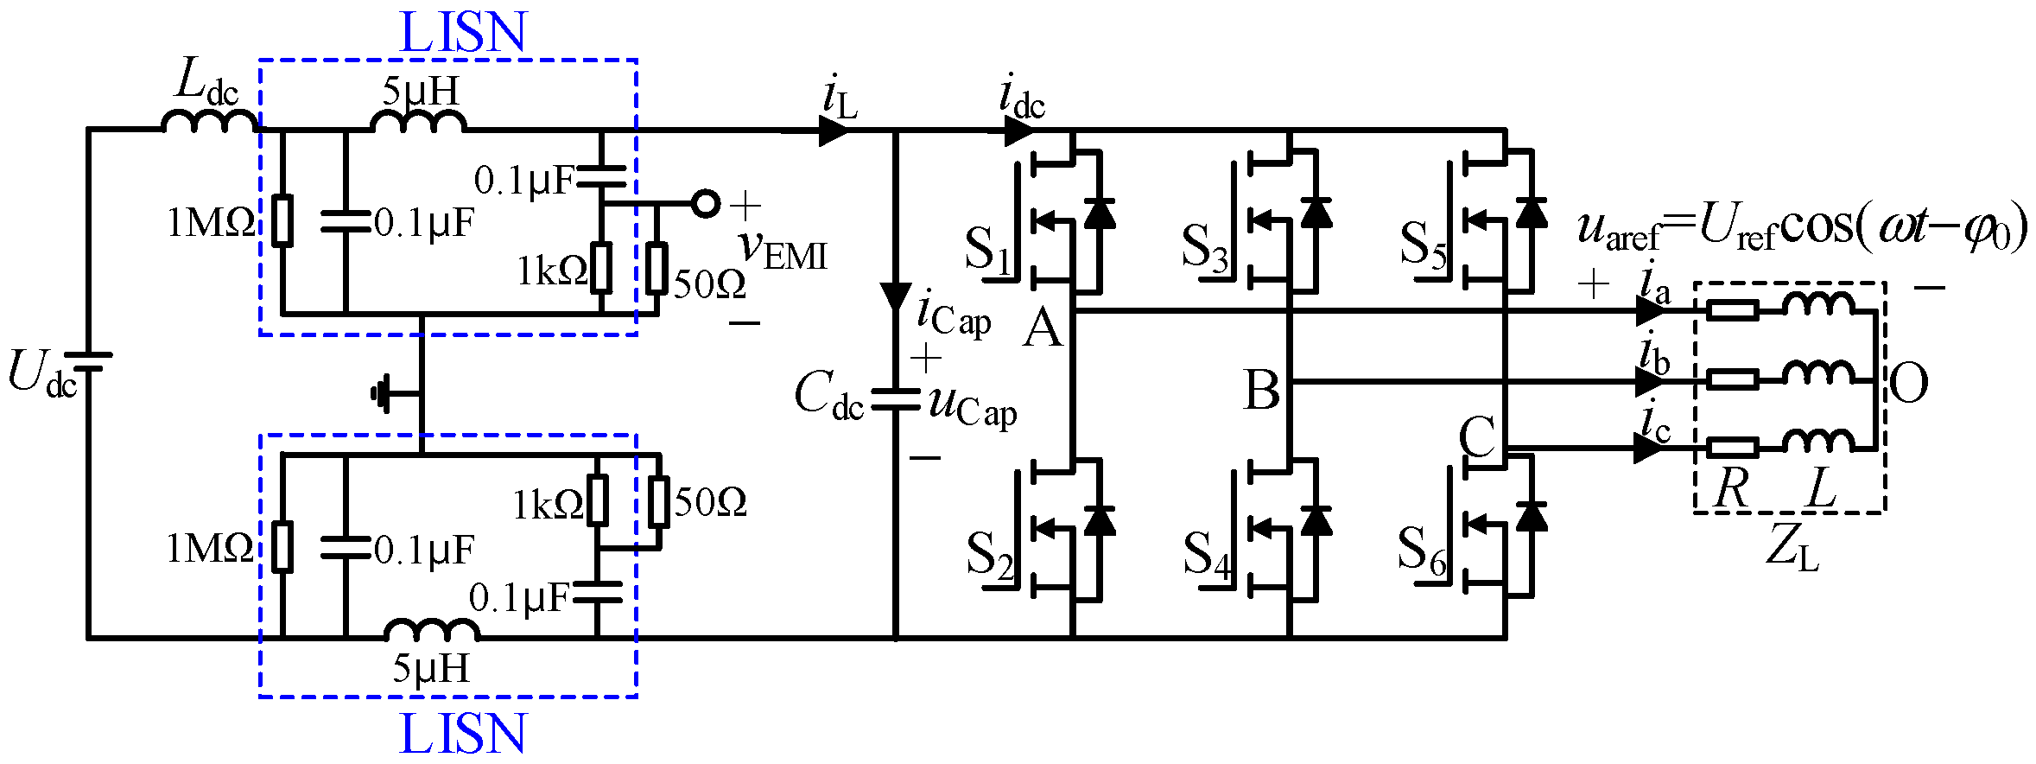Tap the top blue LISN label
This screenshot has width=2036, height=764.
pos(463,33)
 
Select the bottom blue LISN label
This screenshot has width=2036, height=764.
pos(463,734)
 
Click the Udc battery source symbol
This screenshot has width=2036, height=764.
pos(88,362)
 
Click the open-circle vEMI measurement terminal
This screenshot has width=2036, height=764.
pos(706,204)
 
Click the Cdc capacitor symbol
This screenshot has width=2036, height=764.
pos(895,399)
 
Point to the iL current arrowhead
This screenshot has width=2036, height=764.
pos(834,131)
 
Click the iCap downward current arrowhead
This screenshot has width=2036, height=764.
pos(895,296)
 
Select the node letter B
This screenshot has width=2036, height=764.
pos(1262,390)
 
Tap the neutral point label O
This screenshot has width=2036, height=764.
pos(1908,383)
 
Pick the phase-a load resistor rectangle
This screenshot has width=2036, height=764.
pos(1733,310)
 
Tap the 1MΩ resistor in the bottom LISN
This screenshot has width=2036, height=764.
pos(282,546)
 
